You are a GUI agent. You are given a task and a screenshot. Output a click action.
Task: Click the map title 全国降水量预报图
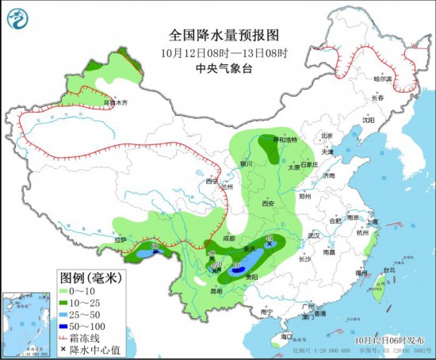(214, 36)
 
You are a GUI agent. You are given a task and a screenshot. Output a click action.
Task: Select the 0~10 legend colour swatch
(70, 290)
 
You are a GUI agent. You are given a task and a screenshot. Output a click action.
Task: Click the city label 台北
(388, 270)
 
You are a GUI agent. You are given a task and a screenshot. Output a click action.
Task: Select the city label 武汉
(313, 236)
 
